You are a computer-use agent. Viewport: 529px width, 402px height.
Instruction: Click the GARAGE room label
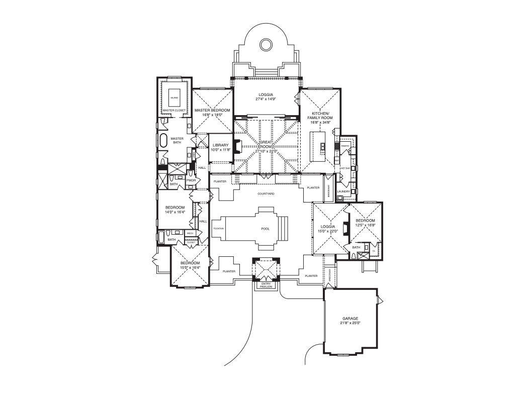click(x=350, y=318)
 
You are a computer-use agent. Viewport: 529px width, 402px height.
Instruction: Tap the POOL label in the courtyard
click(x=265, y=229)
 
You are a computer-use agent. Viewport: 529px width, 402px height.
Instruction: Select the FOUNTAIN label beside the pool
click(x=218, y=229)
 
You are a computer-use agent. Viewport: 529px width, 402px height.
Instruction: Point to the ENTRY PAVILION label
click(x=266, y=285)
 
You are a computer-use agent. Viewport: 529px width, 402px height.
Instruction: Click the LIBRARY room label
click(x=220, y=145)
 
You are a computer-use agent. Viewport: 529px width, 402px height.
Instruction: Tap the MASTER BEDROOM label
click(x=212, y=110)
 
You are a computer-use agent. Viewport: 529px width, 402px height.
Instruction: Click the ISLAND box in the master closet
click(x=174, y=98)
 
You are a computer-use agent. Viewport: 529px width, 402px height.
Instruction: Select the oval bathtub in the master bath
click(x=163, y=140)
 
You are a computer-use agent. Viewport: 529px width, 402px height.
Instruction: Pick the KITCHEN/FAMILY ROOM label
click(x=320, y=115)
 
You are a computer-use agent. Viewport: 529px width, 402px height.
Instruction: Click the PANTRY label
click(x=345, y=146)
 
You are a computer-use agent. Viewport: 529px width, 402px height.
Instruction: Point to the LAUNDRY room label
click(x=343, y=191)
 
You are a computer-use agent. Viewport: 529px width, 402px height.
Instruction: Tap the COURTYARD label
click(x=266, y=193)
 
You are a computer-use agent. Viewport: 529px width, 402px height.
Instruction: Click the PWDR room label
click(x=191, y=180)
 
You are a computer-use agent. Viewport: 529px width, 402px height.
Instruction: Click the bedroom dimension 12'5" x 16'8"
click(x=366, y=226)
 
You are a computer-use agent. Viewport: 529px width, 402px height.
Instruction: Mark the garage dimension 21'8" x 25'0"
click(x=350, y=323)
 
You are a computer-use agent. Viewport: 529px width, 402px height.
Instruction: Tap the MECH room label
click(x=190, y=233)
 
